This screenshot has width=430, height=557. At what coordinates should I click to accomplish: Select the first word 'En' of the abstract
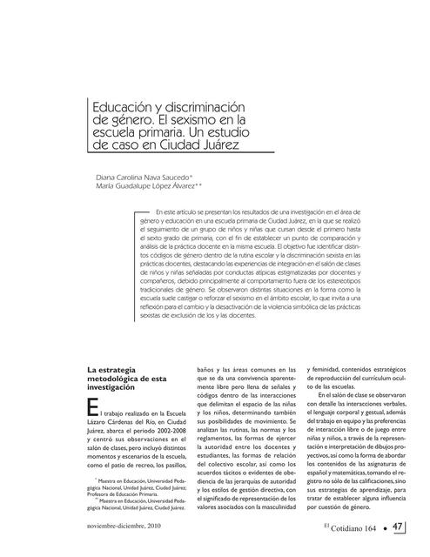tap(158, 211)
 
